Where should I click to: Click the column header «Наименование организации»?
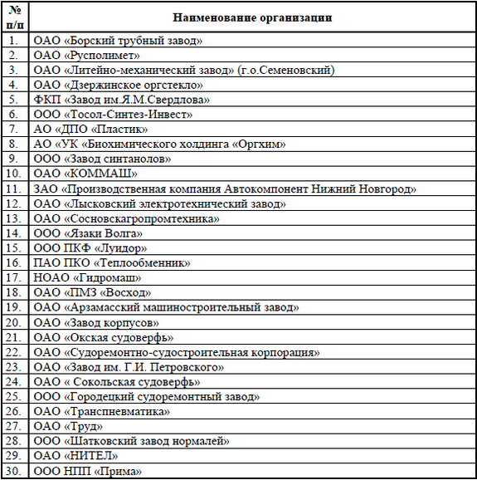click(253, 17)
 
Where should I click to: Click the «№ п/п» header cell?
click(15, 17)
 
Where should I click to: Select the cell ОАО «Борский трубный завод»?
click(118, 40)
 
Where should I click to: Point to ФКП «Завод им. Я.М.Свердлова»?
click(121, 100)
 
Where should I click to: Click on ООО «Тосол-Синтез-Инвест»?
click(113, 115)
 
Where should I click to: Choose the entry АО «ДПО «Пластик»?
click(90, 130)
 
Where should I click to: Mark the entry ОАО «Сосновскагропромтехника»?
click(126, 218)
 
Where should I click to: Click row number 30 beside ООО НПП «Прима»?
click(15, 472)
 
